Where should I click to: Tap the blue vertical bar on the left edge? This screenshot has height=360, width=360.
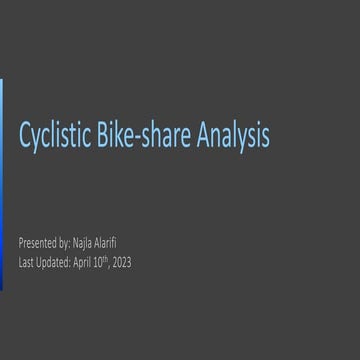click(x=2, y=184)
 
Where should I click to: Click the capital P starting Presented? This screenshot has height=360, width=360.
click(x=22, y=243)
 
